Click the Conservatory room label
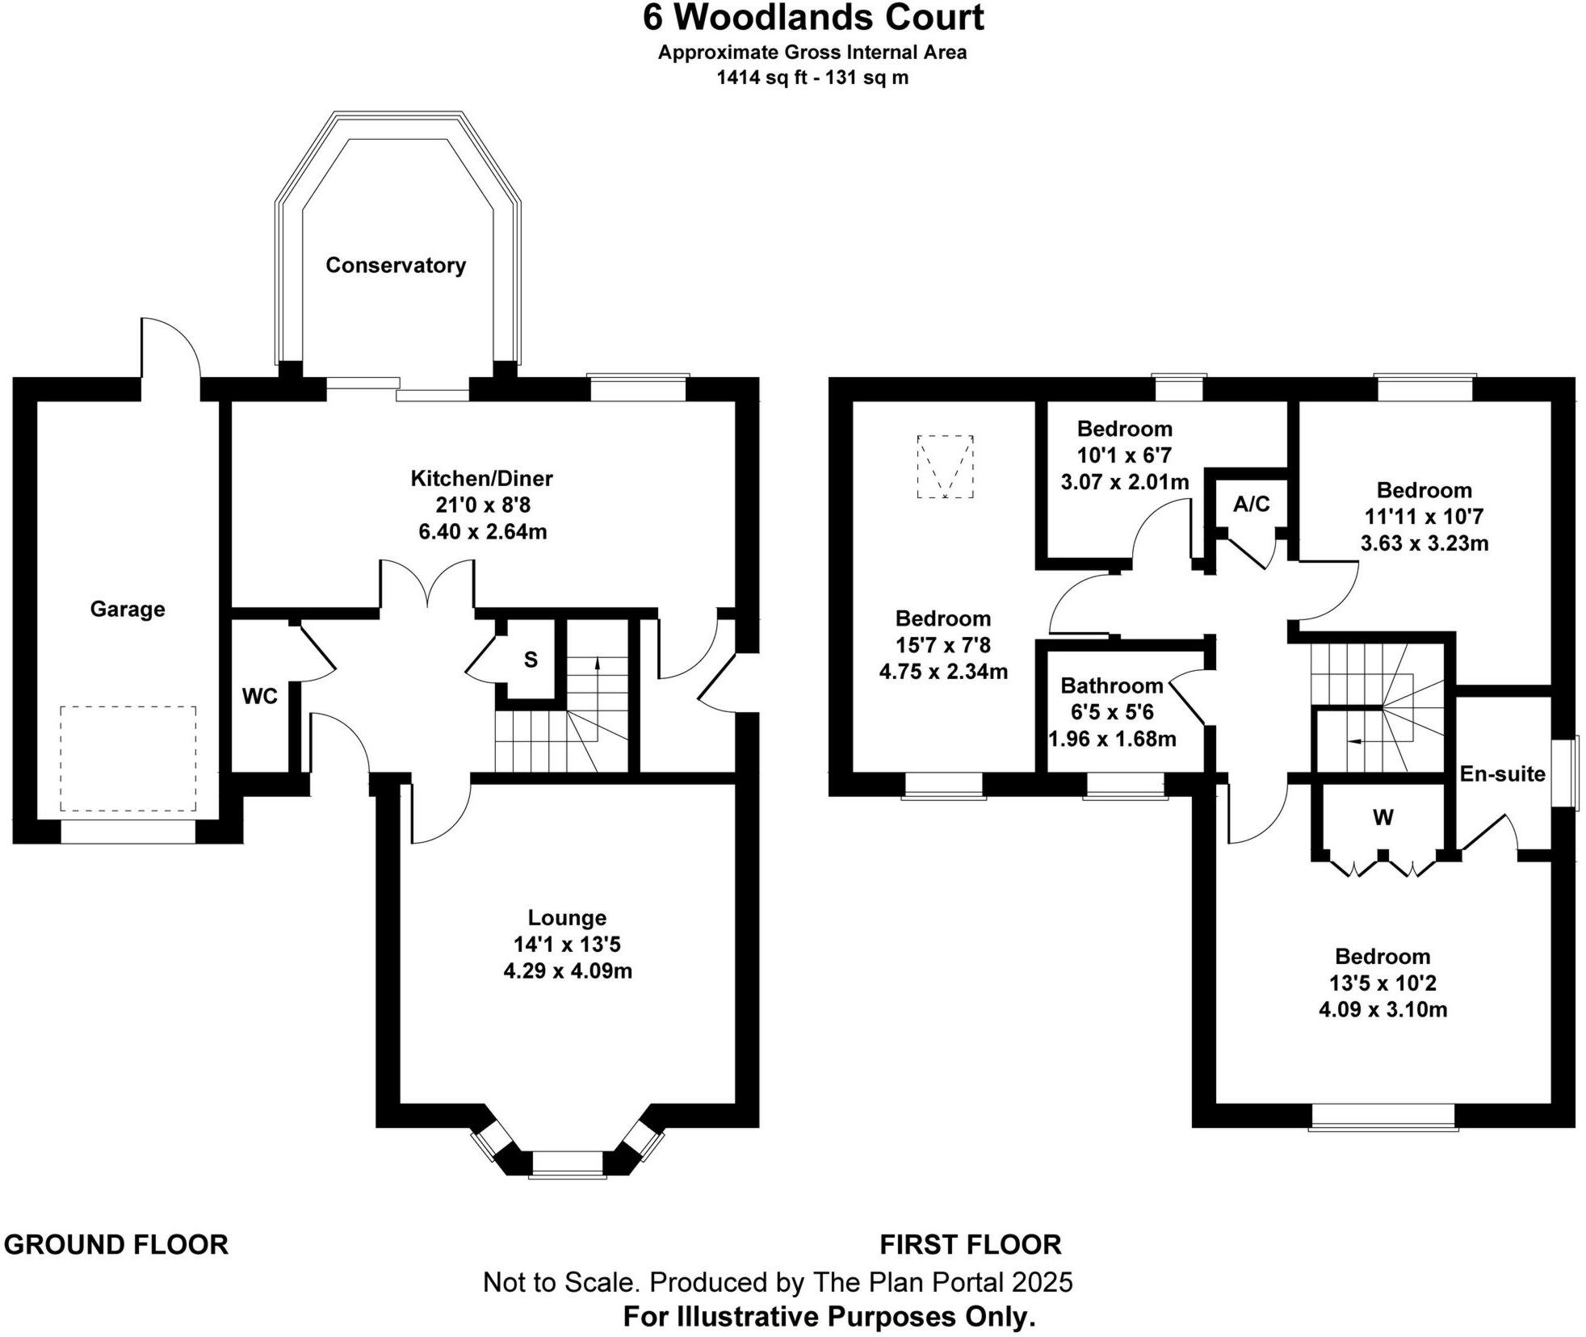pyautogui.click(x=395, y=266)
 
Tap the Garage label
pyautogui.click(x=128, y=609)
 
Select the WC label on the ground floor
pyautogui.click(x=259, y=696)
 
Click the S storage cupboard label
pyautogui.click(x=531, y=660)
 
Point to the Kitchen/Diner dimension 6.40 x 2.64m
pyautogui.click(x=482, y=532)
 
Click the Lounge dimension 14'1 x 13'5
pyautogui.click(x=567, y=944)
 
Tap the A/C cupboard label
pyautogui.click(x=1251, y=505)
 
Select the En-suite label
pyautogui.click(x=1502, y=773)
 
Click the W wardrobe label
pyautogui.click(x=1383, y=818)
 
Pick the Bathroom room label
pyautogui.click(x=1111, y=685)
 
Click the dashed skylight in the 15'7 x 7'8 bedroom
pyautogui.click(x=945, y=467)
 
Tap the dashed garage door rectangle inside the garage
pyautogui.click(x=128, y=758)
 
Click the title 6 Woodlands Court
pyautogui.click(x=812, y=18)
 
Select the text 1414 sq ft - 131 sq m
pyautogui.click(x=812, y=78)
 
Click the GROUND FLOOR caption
pyautogui.click(x=116, y=1244)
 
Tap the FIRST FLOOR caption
pyautogui.click(x=970, y=1244)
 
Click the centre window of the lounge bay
pyautogui.click(x=567, y=1163)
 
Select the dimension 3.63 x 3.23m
pyautogui.click(x=1424, y=543)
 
